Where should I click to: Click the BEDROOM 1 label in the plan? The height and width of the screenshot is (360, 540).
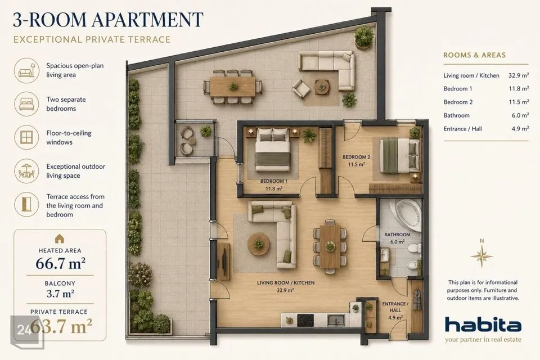pos(274,181)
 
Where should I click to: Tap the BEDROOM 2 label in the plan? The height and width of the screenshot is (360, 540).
pos(356,157)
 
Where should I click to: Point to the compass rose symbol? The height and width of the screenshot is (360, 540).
pos(482,255)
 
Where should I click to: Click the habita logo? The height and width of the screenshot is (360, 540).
pos(483,325)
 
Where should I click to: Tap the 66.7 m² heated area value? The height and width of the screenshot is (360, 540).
pos(60,264)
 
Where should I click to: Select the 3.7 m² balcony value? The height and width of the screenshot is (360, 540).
pos(60,294)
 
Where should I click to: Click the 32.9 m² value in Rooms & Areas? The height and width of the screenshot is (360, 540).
pos(519,75)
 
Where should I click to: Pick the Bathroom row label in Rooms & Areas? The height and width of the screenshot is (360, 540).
pos(456,115)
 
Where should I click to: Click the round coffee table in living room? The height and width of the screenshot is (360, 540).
pos(259,244)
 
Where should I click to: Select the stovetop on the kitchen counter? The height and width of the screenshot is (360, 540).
pos(305,321)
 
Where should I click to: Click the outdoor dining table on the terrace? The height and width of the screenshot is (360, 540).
pos(233,87)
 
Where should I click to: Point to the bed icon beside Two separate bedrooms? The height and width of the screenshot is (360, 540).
pos(26,103)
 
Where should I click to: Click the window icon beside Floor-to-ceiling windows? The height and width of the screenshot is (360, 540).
pos(26,137)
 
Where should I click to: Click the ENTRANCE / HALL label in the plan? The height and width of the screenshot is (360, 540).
pos(395,307)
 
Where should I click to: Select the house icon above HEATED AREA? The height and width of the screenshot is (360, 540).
pos(60,238)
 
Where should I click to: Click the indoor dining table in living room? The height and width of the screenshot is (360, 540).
pos(330,246)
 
